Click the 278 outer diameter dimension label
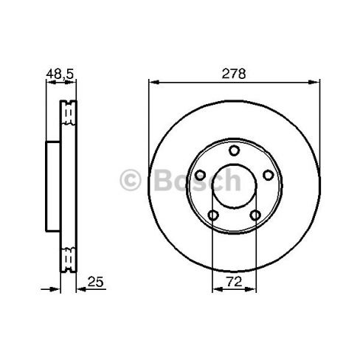click(235, 75)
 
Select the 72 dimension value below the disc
click(235, 281)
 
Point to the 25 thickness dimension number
click(94, 281)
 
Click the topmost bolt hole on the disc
click(235, 150)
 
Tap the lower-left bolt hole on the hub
click(213, 215)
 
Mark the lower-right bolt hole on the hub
click(255, 215)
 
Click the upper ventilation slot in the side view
click(69, 114)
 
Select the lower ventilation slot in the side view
click(69, 258)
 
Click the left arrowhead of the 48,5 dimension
click(49, 83)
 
